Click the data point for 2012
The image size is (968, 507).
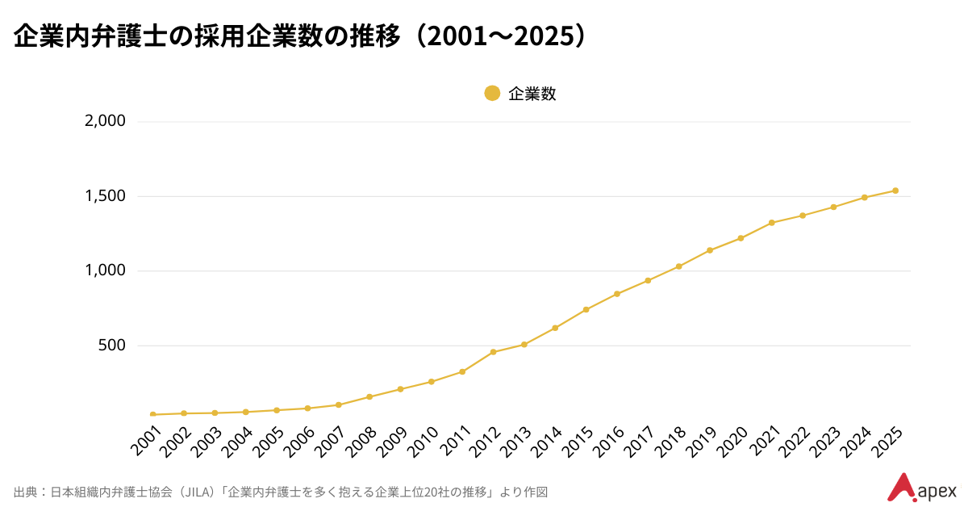[x=493, y=352]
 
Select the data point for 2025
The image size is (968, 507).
[x=895, y=191]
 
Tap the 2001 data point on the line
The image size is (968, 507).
[x=152, y=414]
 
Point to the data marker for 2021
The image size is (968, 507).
[x=771, y=223]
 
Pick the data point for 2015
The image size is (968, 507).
[x=586, y=309]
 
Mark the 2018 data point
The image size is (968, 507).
[x=678, y=266]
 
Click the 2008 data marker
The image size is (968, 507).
[x=369, y=396]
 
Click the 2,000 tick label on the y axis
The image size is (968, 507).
[x=105, y=122]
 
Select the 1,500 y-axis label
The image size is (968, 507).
[x=105, y=196]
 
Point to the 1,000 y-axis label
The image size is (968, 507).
[x=105, y=270]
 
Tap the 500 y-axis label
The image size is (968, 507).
[x=112, y=346]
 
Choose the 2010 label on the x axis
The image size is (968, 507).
[x=421, y=441]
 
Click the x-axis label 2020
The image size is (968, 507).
[x=731, y=441]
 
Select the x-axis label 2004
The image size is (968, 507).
[x=236, y=441]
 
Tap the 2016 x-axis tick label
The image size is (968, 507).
[x=607, y=441]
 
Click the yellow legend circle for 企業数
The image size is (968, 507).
[x=492, y=94]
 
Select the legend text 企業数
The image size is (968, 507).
[x=532, y=94]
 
